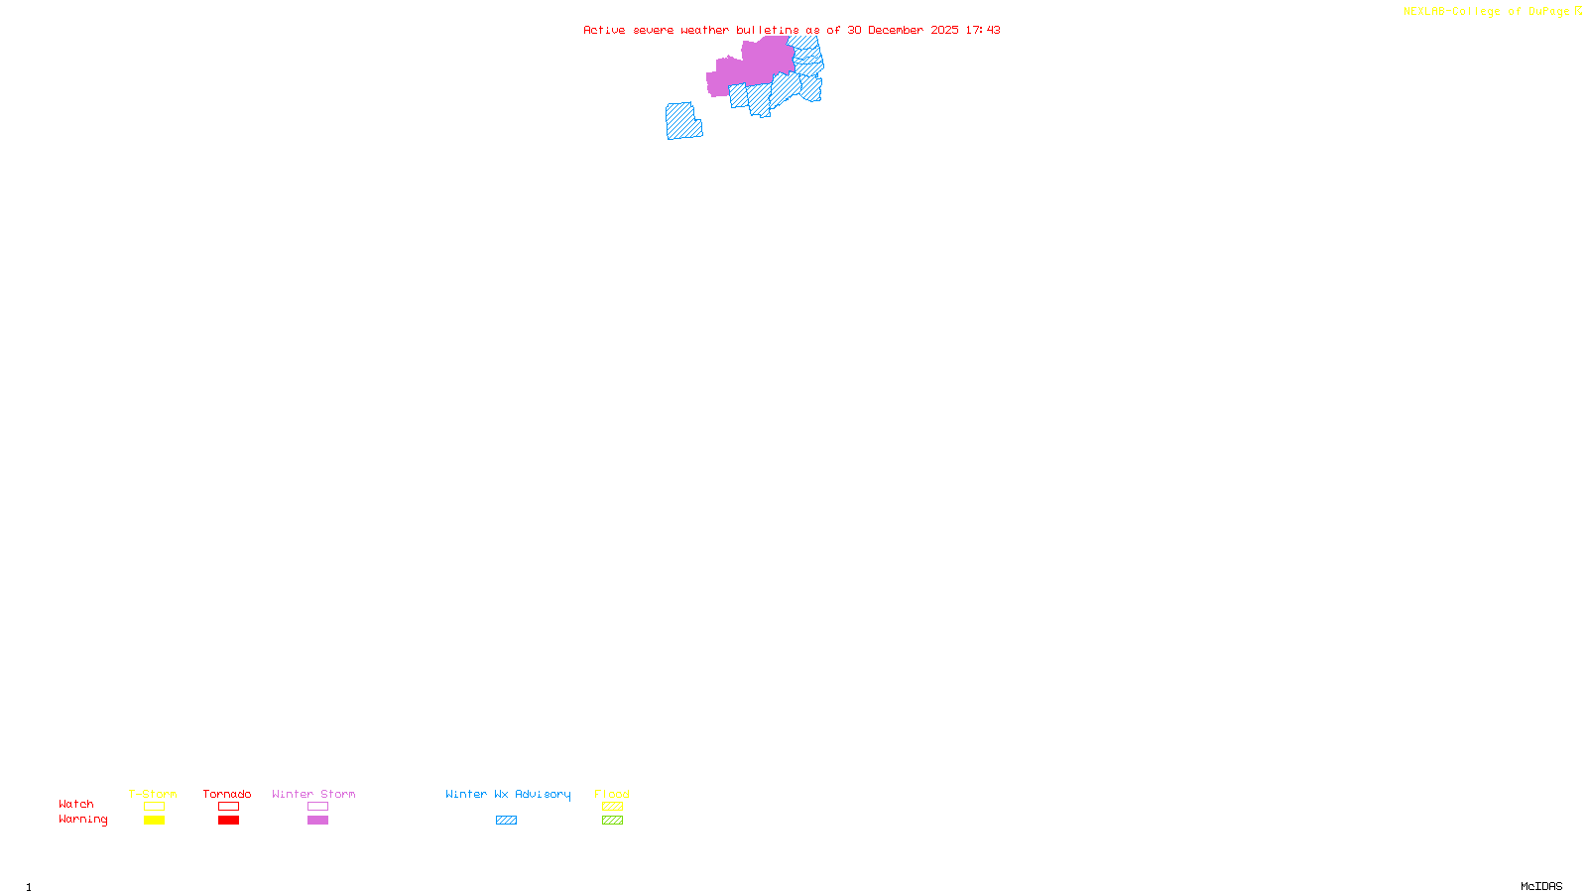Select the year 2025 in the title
(x=944, y=30)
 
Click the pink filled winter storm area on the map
(x=754, y=65)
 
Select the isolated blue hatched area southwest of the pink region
(x=682, y=122)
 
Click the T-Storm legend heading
(x=153, y=794)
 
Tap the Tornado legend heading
(x=227, y=794)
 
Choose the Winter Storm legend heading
(x=313, y=794)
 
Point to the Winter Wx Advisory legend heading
(x=508, y=794)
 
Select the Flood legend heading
(x=612, y=794)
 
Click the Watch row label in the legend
(x=76, y=804)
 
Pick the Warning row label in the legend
(x=82, y=820)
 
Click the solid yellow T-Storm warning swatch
(x=154, y=821)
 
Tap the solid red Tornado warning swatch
(x=228, y=821)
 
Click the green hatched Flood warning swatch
(x=612, y=821)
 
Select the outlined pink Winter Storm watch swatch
(x=317, y=807)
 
